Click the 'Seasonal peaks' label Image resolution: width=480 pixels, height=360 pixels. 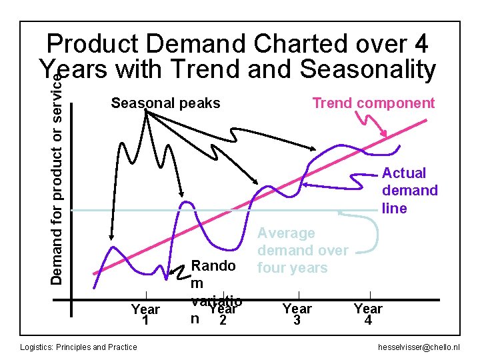point(165,103)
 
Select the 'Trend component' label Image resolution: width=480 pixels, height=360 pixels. point(373,103)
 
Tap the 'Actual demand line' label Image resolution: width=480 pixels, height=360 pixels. point(409,191)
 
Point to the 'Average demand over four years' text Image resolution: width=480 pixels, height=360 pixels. point(302,251)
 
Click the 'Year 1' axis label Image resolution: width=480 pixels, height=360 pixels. point(145,314)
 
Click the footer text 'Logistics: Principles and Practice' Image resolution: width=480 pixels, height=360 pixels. point(79,347)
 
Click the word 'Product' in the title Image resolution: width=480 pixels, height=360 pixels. point(93,44)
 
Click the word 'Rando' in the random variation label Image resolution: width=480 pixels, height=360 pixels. point(213,266)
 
